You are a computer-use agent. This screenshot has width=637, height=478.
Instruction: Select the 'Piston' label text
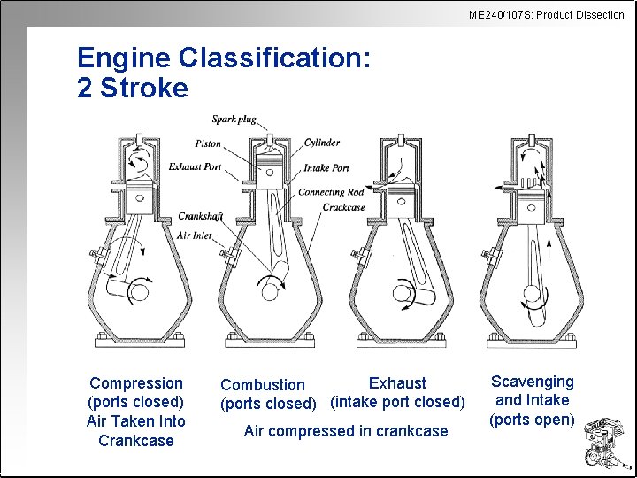pyautogui.click(x=208, y=143)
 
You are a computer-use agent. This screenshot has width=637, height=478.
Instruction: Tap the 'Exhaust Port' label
pyautogui.click(x=195, y=166)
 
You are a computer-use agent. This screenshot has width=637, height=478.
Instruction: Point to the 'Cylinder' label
pyautogui.click(x=321, y=143)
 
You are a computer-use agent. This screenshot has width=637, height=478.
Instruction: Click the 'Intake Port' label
pyautogui.click(x=326, y=167)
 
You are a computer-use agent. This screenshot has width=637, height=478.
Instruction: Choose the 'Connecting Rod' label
pyautogui.click(x=331, y=192)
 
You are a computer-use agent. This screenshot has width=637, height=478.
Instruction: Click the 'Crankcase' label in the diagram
pyautogui.click(x=343, y=207)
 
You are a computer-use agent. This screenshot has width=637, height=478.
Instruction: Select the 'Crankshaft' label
pyautogui.click(x=199, y=216)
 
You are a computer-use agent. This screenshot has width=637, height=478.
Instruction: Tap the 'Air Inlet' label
pyautogui.click(x=196, y=235)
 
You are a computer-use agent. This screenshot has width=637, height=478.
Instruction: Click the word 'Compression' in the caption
pyautogui.click(x=136, y=383)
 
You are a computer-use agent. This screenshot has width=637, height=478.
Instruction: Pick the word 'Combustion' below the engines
pyautogui.click(x=263, y=385)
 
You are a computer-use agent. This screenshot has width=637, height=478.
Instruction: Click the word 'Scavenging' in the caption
pyautogui.click(x=533, y=382)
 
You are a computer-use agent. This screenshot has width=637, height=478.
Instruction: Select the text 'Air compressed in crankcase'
pyautogui.click(x=346, y=431)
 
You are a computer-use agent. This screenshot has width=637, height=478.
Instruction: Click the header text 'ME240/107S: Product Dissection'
pyautogui.click(x=547, y=14)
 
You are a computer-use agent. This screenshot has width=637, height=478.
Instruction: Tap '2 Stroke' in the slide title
pyautogui.click(x=133, y=89)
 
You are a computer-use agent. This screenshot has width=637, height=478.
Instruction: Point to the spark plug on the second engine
pyautogui.click(x=263, y=131)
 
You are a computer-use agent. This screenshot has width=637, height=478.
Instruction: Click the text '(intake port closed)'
pyautogui.click(x=397, y=403)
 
